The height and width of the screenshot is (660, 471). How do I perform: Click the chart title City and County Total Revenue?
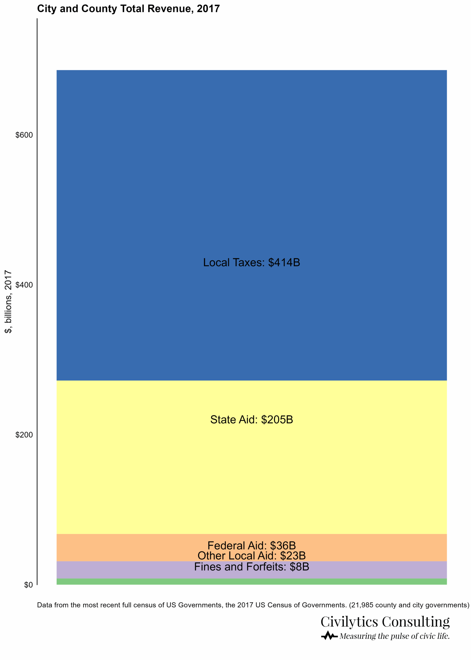coord(128,9)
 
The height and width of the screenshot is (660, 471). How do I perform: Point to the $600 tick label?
coord(24,135)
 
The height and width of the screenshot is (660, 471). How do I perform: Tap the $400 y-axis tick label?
coord(24,285)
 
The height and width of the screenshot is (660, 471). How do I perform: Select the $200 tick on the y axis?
coord(24,435)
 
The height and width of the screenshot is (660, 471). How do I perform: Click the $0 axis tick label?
coord(28,584)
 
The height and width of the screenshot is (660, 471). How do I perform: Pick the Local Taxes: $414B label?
coord(251,262)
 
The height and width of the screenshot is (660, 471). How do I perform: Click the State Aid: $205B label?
coord(251,419)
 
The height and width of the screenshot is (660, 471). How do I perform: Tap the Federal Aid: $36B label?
coord(251,545)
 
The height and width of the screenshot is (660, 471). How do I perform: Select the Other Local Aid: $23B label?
coord(251,556)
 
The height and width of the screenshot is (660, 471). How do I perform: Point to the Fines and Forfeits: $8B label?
coord(251,566)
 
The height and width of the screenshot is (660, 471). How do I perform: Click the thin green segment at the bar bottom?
coord(251,581)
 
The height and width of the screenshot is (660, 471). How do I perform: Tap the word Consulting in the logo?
coord(416,622)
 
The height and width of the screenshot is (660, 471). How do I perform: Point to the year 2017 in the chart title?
coord(208,9)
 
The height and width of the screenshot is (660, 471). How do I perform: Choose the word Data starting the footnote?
coord(44,605)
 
